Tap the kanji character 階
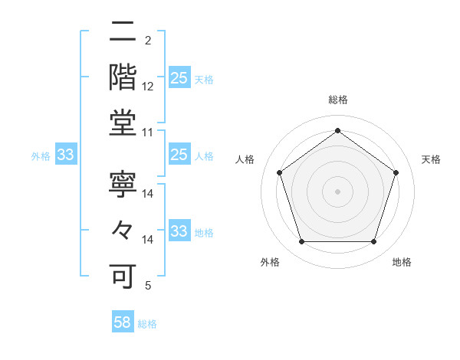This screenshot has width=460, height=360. click(123, 77)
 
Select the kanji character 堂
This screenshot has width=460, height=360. click(123, 123)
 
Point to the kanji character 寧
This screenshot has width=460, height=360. click(123, 184)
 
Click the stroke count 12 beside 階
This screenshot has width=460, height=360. click(148, 87)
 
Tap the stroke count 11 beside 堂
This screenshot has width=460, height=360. click(148, 133)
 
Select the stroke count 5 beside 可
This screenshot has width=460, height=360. click(147, 286)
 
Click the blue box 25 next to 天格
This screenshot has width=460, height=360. click(179, 78)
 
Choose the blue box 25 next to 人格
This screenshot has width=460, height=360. click(179, 155)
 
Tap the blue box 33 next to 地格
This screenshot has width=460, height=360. click(179, 231)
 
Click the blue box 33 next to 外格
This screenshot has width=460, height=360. click(65, 155)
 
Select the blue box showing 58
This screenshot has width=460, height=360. click(123, 322)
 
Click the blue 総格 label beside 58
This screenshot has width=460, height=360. click(147, 324)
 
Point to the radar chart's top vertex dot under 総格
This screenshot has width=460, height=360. click(337, 130)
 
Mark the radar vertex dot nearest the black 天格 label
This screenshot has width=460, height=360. click(396, 172)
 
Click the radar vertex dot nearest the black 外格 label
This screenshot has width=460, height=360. click(301, 242)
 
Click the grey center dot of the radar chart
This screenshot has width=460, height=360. click(337, 191)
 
